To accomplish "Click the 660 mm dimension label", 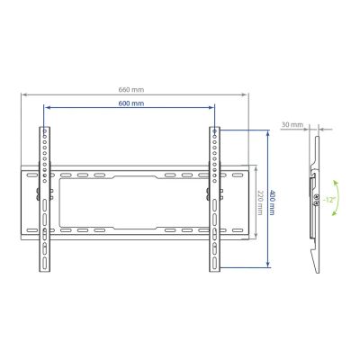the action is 131,89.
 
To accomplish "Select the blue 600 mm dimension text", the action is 131,103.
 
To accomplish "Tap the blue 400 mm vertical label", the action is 272,202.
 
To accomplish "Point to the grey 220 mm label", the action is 260,202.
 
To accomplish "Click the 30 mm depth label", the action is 292,124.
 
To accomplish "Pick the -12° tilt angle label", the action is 328,200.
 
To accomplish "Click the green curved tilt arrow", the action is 337,198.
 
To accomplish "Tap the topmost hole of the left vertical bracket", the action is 45,131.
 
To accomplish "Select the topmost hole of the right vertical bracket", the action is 214,131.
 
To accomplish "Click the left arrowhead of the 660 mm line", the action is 23,94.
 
